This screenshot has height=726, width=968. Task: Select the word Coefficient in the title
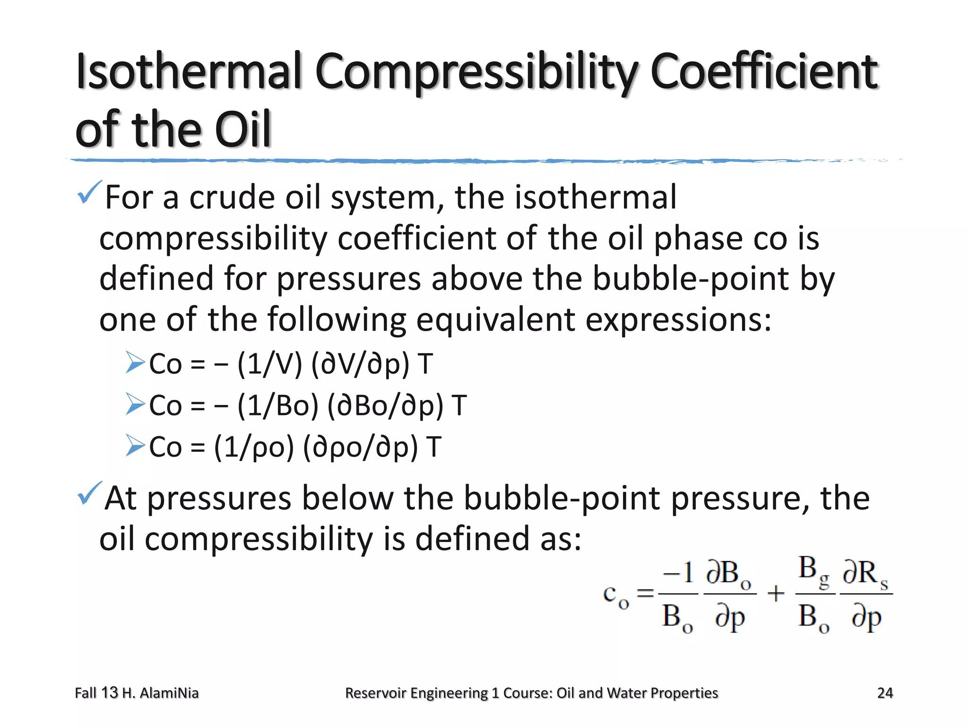[764, 72]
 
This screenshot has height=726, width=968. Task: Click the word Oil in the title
[242, 129]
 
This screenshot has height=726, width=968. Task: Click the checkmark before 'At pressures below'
[89, 493]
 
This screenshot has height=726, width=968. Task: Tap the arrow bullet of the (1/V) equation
[135, 363]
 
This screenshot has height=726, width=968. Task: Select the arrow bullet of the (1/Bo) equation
[135, 405]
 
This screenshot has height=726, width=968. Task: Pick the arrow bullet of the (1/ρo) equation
[135, 446]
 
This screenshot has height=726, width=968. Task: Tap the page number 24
[885, 693]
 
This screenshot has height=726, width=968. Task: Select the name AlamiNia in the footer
[169, 693]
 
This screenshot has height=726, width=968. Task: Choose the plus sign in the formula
[776, 593]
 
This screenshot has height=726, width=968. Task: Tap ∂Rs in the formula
[865, 574]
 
